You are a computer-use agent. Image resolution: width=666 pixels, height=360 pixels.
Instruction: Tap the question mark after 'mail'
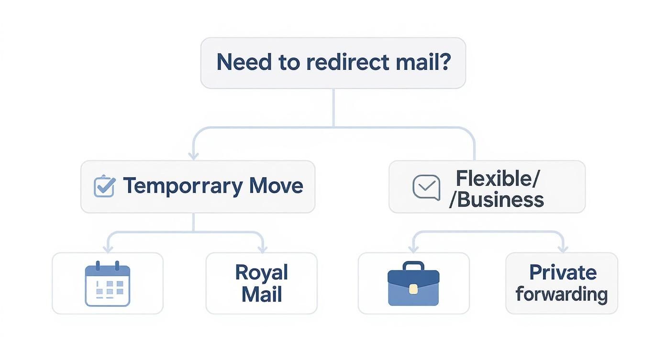coord(444,62)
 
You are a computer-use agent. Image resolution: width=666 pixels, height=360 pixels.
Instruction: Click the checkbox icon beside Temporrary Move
coord(104,186)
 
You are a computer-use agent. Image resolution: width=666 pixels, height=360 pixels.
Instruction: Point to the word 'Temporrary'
coord(183,186)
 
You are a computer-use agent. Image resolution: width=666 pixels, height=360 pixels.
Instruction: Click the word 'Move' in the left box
coord(276,186)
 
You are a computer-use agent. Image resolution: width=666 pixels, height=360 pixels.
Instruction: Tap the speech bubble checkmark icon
coord(426,187)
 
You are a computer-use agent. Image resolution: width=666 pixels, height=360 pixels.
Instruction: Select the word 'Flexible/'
coord(497,178)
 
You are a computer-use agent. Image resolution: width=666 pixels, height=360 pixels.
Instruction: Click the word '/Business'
coord(496,199)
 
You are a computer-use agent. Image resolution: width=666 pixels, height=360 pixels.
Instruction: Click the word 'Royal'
coord(261,272)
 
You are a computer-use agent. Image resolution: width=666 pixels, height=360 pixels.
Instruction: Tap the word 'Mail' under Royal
coord(261,294)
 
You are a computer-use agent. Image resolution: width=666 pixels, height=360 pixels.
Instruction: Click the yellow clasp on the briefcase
coord(413,289)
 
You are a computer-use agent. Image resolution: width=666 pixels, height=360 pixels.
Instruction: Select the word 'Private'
coord(563,272)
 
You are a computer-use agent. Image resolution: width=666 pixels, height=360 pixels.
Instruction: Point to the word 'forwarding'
coord(561,294)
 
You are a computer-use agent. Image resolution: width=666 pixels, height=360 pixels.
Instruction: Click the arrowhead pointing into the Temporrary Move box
coord(193,155)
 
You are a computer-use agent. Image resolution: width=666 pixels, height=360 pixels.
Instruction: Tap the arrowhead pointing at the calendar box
coord(108,248)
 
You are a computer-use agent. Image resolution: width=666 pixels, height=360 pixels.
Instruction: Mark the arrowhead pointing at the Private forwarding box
coord(563,248)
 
